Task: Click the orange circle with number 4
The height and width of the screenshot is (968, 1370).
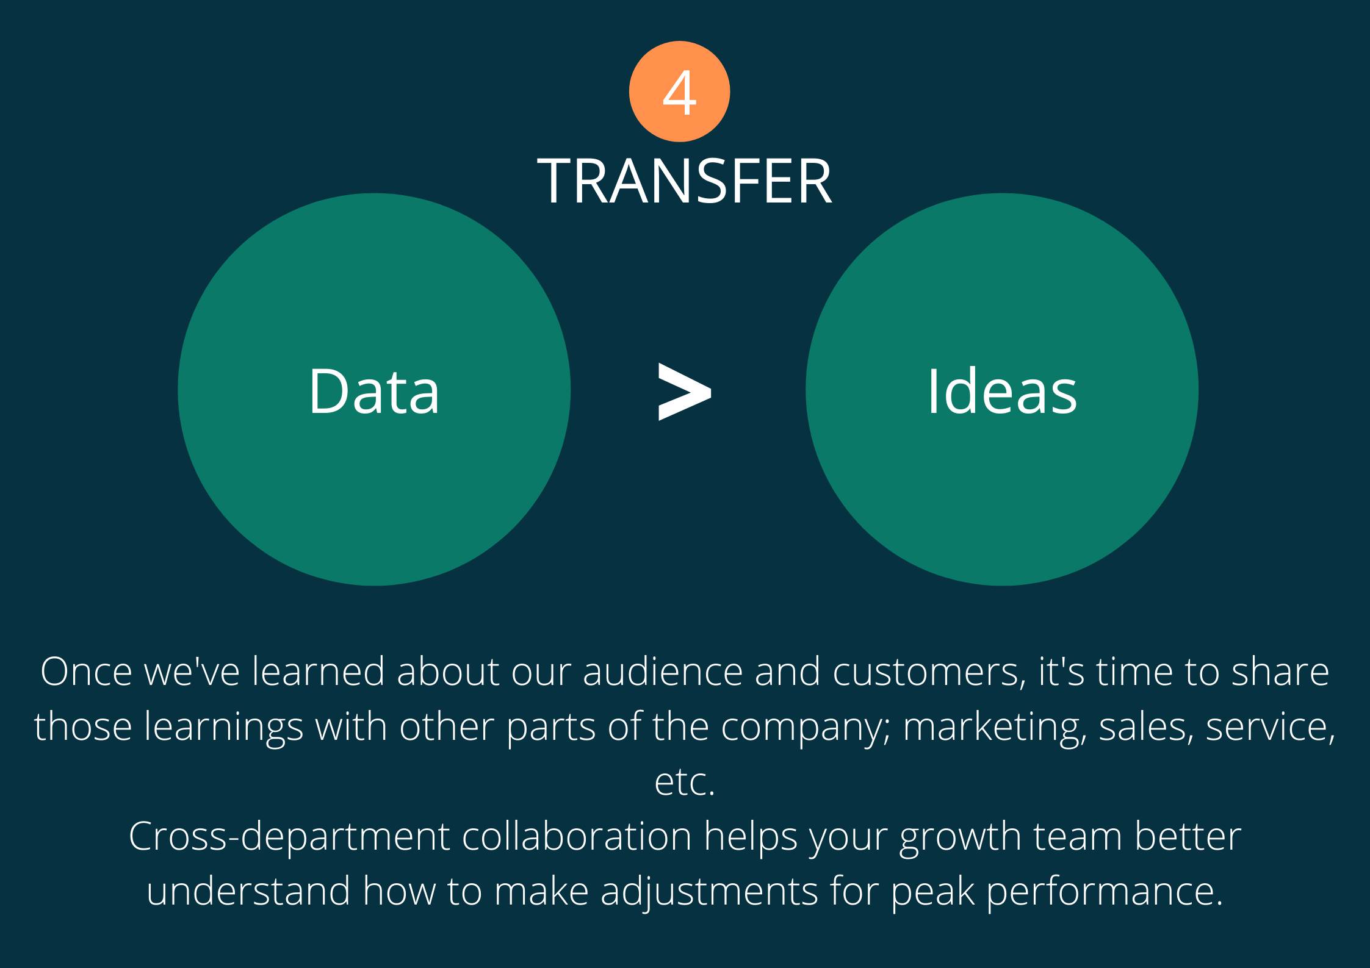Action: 679,91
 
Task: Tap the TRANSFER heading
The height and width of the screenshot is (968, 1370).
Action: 685,181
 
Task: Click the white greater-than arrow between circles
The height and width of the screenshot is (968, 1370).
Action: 685,392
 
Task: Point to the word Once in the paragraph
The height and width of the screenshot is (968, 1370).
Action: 86,672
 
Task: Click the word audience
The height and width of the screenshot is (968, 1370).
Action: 663,672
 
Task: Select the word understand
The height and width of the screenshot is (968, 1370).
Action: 248,891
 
